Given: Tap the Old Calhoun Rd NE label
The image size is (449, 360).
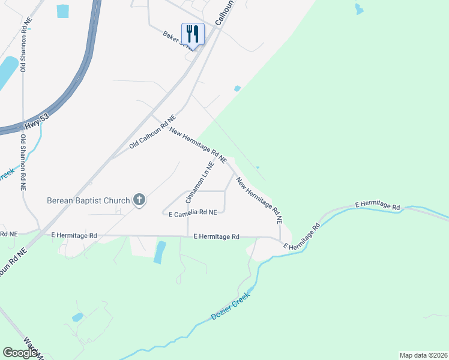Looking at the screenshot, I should [152, 133].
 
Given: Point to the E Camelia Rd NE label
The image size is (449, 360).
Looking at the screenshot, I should [192, 212].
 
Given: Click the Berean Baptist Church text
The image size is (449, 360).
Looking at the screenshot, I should [88, 200].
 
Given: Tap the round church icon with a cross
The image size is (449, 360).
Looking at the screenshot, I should [139, 200].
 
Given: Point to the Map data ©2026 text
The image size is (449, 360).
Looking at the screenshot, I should [423, 355].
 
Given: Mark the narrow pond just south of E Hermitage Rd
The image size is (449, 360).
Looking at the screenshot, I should [159, 252].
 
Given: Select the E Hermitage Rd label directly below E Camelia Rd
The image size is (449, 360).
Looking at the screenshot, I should [217, 237].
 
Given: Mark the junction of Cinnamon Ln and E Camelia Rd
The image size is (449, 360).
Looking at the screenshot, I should [188, 213].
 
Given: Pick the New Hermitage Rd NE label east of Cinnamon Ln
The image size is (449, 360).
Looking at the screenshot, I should [259, 200].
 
